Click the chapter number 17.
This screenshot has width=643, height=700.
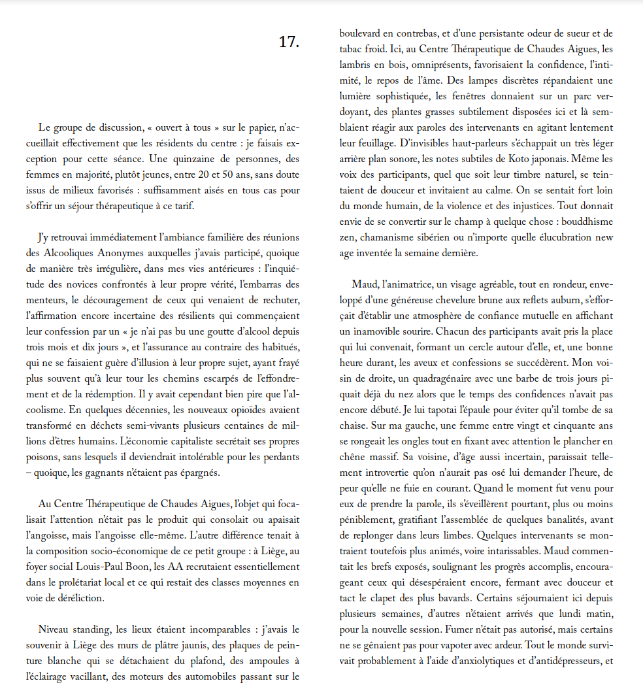[288, 42]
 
